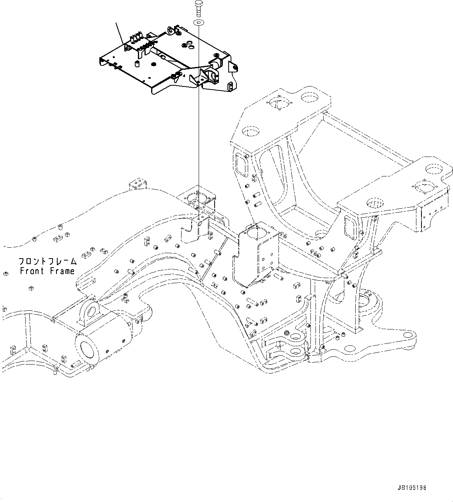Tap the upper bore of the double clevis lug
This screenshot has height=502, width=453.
tap(298, 336)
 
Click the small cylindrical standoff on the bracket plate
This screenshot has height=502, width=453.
tap(137, 63)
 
